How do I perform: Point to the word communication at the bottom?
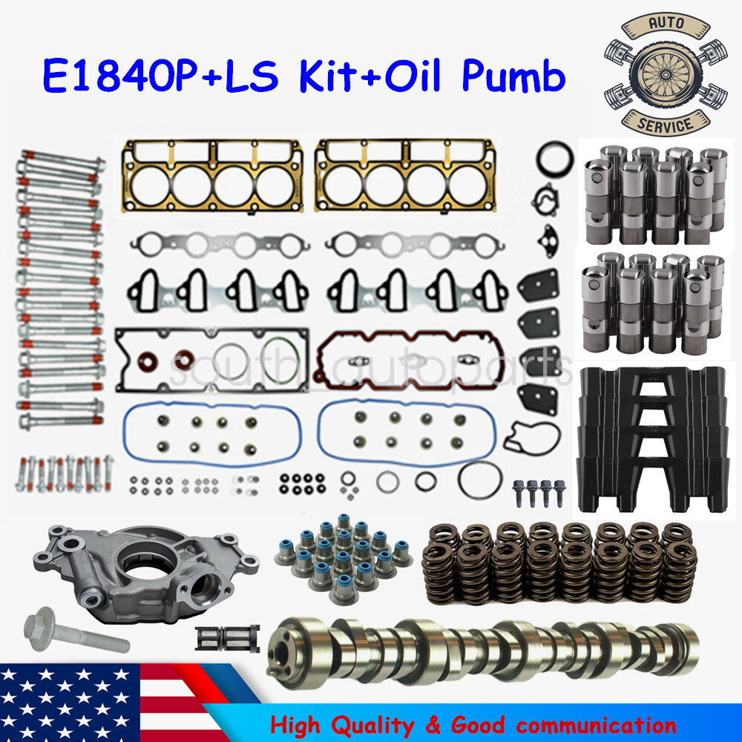coord(594,723)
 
